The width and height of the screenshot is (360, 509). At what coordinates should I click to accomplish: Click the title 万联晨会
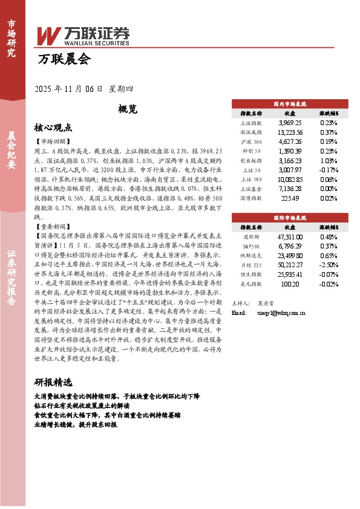(x=64, y=59)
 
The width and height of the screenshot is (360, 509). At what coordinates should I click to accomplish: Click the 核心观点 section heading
(x=53, y=128)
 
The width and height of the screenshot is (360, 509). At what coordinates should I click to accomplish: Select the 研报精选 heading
(x=53, y=383)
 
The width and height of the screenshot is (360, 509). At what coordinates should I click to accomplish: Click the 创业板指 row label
(x=251, y=161)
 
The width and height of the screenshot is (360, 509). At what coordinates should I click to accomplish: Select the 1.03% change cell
(x=329, y=161)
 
